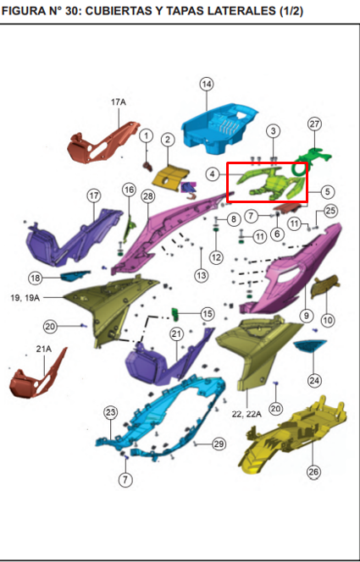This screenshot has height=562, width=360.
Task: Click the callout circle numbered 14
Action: point(206,85)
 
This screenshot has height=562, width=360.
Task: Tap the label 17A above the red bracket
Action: point(119,102)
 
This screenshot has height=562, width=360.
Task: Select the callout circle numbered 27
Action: point(314,124)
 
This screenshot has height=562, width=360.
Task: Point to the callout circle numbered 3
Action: point(274,131)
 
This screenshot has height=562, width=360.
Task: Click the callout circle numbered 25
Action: point(331,211)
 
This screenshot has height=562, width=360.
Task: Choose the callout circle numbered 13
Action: point(201,275)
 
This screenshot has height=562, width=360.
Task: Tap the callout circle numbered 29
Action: point(219,444)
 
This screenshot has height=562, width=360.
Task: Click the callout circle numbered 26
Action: point(314,472)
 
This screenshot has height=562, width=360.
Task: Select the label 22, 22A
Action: point(246,415)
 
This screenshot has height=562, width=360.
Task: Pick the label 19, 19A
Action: point(25,297)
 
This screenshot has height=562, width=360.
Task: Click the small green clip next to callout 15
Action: point(176,314)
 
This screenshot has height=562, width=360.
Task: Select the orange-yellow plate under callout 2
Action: point(170,178)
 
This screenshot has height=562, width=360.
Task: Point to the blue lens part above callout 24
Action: point(310,346)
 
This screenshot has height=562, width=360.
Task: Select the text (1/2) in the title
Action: point(291,12)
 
